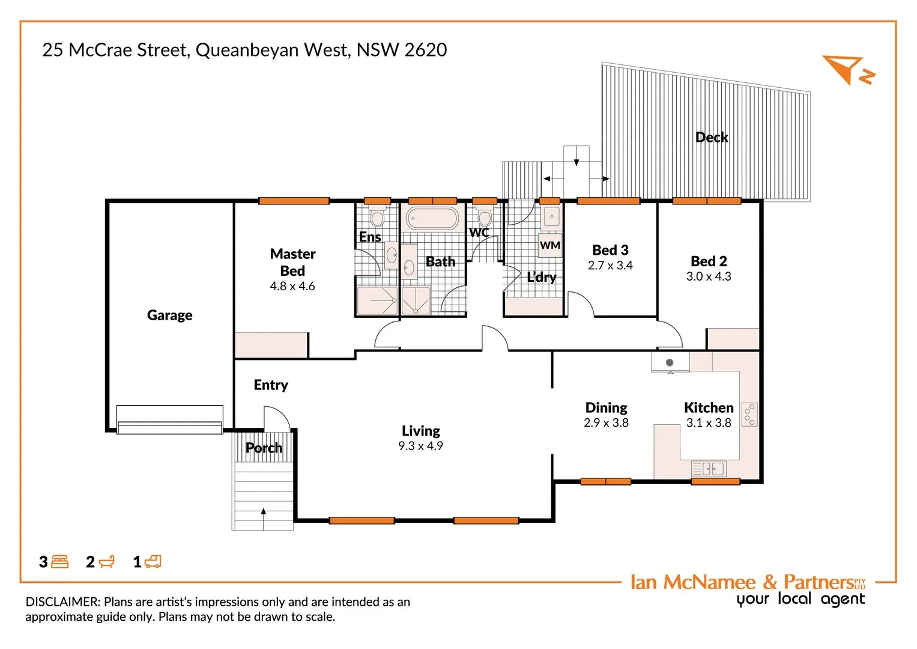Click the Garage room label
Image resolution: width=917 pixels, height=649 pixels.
(169, 315)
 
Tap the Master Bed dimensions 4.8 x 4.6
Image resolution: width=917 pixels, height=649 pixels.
(292, 287)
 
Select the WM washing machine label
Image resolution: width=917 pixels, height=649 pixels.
(550, 245)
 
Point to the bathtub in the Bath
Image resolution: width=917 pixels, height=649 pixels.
(432, 218)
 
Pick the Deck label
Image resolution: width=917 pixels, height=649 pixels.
(712, 137)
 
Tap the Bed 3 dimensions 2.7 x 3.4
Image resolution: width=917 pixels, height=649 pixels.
(610, 266)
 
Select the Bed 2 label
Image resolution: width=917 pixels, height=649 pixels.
(709, 261)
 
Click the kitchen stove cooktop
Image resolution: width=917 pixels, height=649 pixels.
(749, 414)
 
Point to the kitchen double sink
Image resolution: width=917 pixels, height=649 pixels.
(709, 468)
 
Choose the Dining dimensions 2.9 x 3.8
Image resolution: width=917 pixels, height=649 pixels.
(606, 423)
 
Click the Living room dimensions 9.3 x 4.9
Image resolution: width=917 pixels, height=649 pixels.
(420, 446)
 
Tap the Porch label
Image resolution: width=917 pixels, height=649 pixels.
(264, 448)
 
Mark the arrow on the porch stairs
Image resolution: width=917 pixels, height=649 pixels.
(263, 512)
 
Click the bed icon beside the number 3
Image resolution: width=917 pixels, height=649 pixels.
(60, 562)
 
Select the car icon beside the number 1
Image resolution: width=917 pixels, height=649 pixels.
(153, 562)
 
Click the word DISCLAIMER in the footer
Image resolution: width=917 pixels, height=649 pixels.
(62, 602)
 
